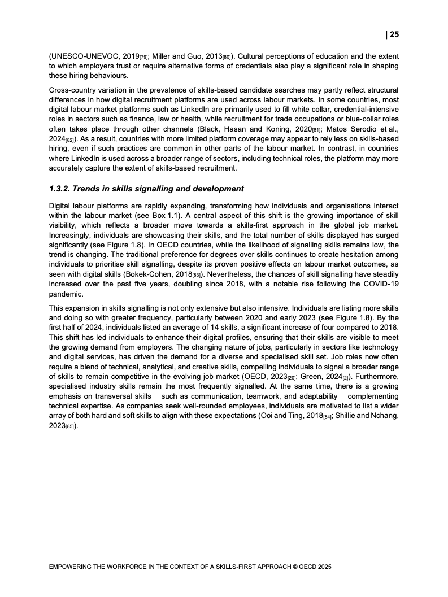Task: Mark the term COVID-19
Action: [x=380, y=286]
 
